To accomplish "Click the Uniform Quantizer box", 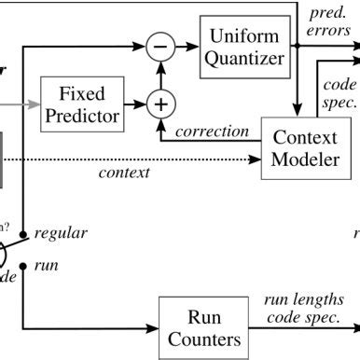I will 243,49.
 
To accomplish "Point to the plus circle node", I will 162,104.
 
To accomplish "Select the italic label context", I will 124,173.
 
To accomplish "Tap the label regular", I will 61,233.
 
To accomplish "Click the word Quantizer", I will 243,60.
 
